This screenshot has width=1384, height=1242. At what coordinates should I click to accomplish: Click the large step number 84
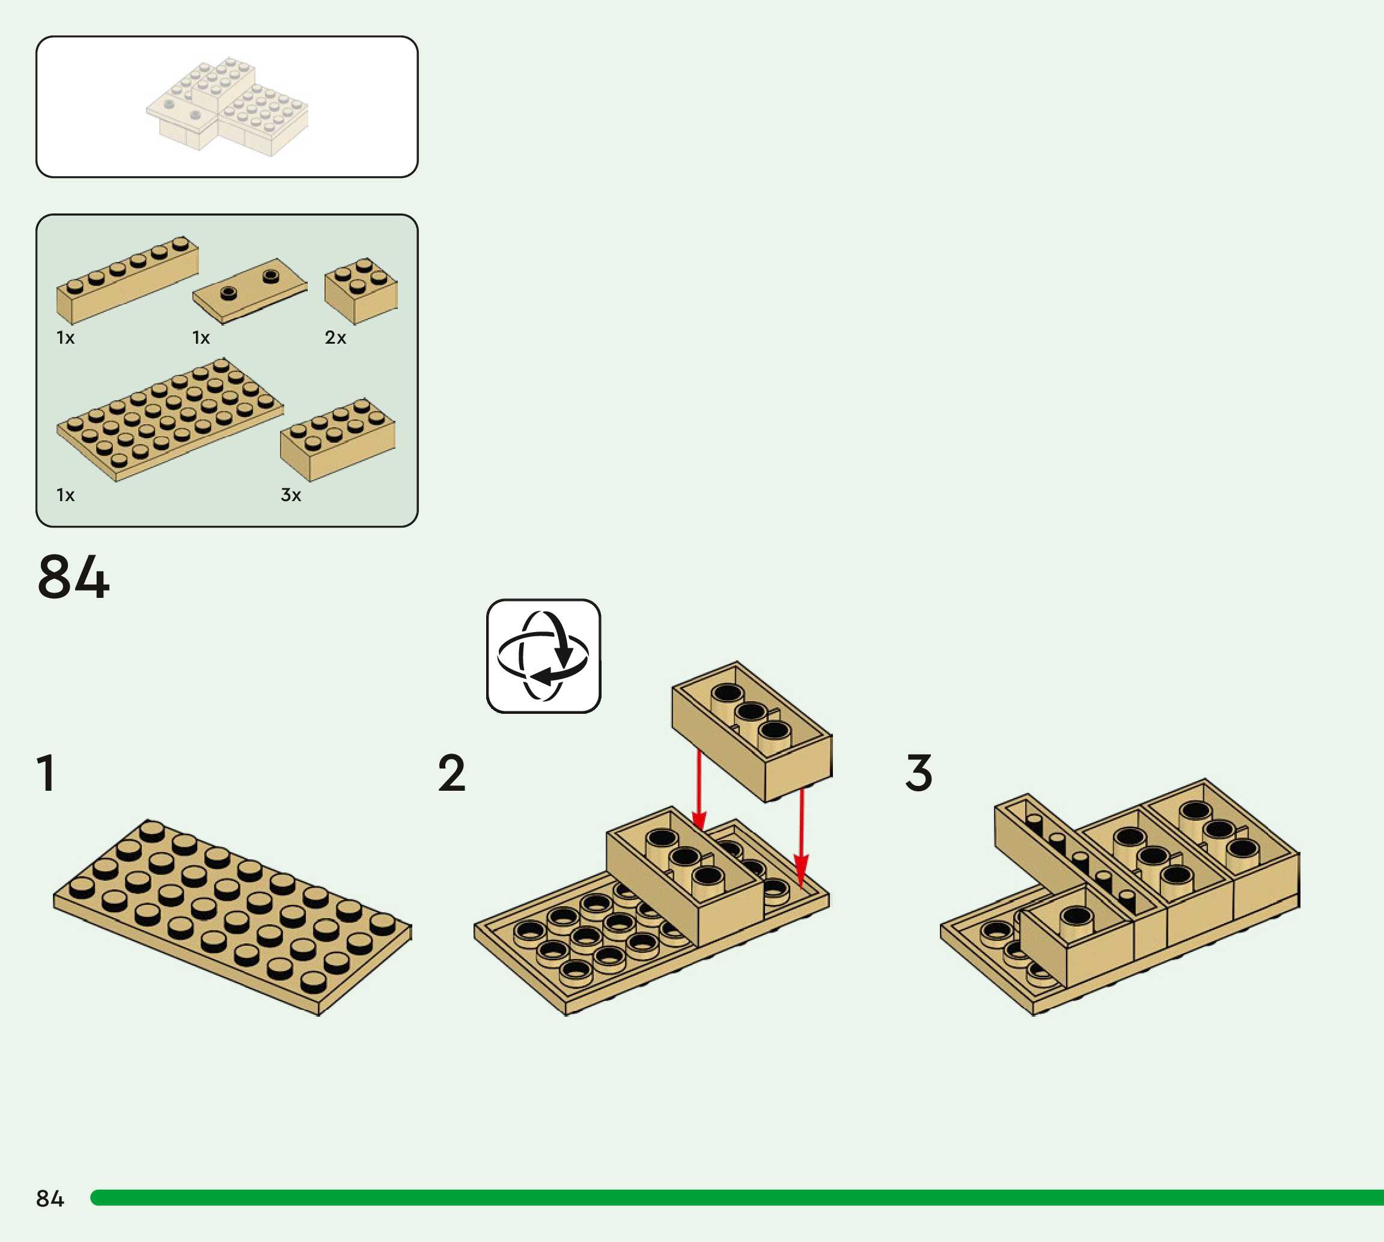tap(73, 577)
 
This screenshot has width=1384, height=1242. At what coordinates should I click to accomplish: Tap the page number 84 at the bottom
tap(50, 1198)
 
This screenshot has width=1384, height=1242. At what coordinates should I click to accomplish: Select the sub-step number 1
tap(46, 773)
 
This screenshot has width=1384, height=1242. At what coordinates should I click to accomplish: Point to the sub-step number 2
tap(451, 773)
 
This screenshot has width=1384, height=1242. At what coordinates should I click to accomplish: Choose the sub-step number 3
tap(919, 773)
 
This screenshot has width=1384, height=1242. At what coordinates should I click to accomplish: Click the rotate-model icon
tap(543, 656)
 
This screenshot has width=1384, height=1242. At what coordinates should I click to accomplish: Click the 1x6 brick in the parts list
tap(127, 281)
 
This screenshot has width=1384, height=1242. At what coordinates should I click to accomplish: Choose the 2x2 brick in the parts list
tap(361, 291)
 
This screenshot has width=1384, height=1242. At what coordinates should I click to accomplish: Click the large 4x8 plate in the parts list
tap(169, 419)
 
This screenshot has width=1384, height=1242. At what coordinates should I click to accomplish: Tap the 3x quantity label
tap(291, 495)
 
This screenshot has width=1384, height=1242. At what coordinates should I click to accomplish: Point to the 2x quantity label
tap(335, 337)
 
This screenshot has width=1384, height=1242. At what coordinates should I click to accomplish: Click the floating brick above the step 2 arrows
tap(752, 730)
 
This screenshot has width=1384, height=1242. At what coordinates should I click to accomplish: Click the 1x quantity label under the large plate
tap(66, 495)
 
